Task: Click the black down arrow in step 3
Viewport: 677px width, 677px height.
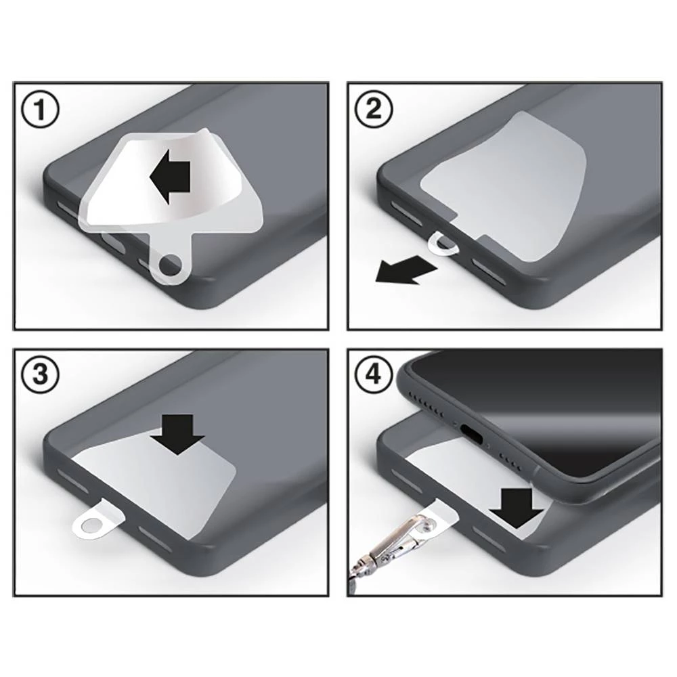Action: click(177, 433)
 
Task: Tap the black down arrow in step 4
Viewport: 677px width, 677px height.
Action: click(516, 506)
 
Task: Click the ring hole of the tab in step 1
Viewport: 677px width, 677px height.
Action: click(170, 269)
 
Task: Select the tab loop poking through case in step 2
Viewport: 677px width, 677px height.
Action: click(445, 244)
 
